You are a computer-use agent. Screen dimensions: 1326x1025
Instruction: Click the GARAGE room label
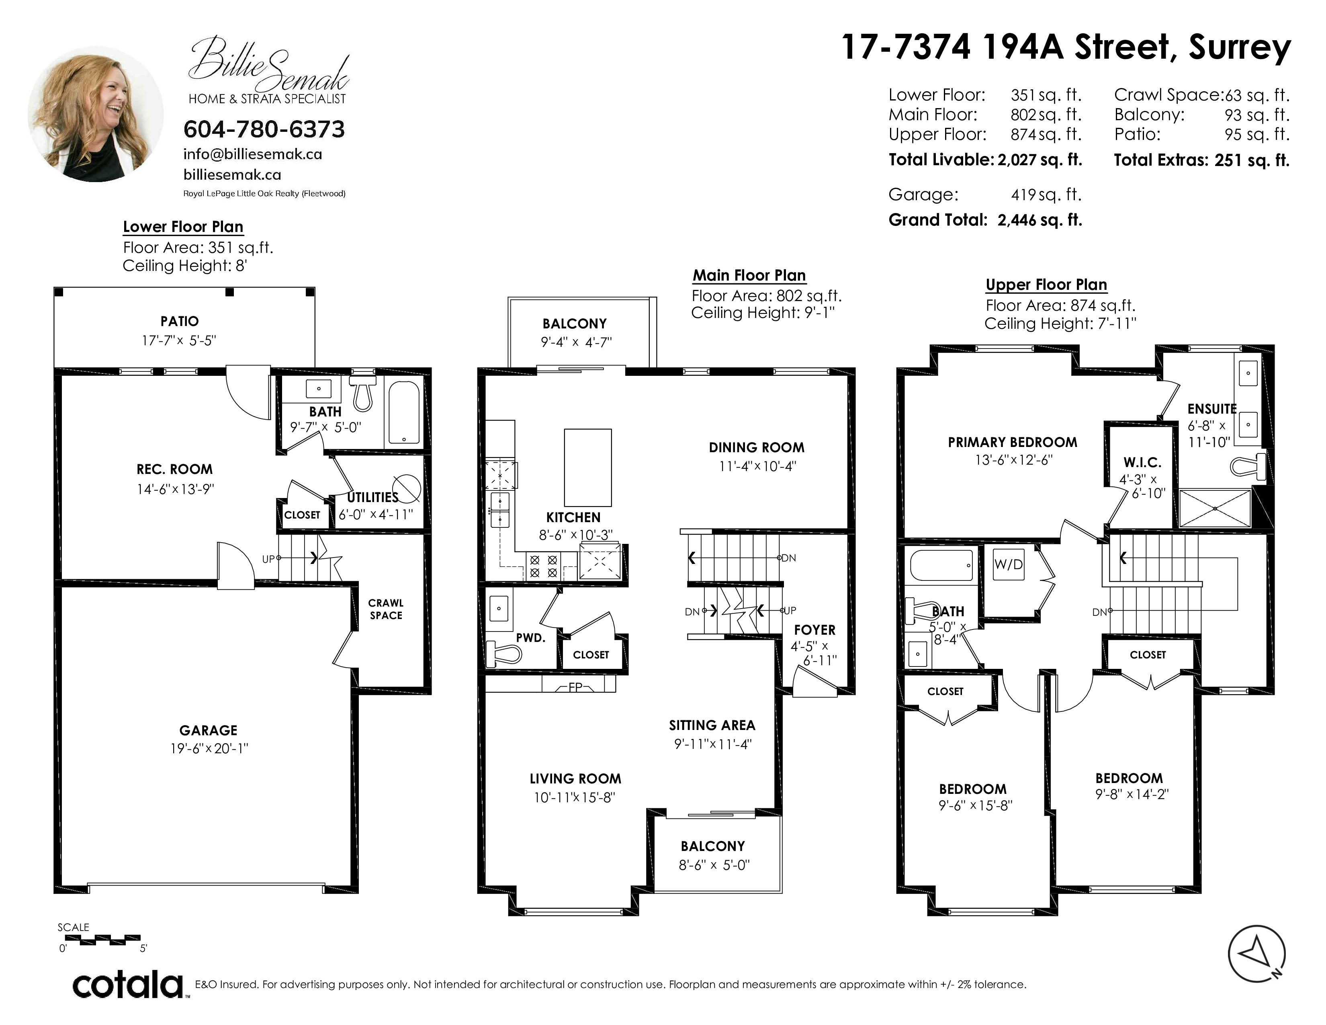coord(208,730)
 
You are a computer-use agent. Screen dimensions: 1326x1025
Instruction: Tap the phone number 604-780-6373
coord(264,129)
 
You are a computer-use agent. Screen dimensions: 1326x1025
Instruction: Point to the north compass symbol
coord(1257,954)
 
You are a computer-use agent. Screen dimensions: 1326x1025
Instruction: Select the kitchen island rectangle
coord(588,467)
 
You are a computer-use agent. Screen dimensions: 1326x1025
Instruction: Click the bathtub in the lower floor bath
coord(403,412)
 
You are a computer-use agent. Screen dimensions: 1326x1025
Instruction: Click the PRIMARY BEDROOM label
coord(1013,442)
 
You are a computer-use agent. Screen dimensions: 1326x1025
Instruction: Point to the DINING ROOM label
coord(757,447)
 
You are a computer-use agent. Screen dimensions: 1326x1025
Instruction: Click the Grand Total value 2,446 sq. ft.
coord(1040,220)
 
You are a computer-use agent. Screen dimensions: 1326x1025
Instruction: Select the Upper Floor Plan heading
coord(1046,285)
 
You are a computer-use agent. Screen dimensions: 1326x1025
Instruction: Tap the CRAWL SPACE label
coord(385,609)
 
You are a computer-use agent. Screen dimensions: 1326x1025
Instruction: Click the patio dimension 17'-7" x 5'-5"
coord(179,340)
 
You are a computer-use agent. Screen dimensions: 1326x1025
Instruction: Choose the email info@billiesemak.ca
coord(253,154)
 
